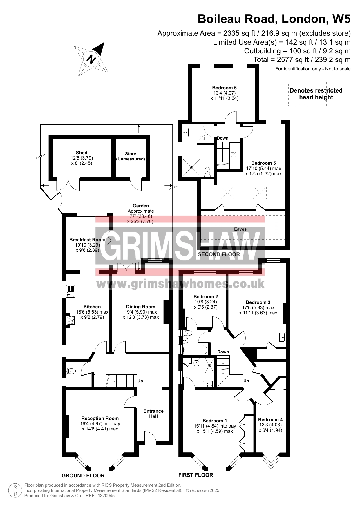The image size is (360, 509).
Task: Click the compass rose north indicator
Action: click(x=91, y=59)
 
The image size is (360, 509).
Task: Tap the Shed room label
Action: click(x=82, y=153)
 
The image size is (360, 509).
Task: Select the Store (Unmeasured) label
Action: click(x=131, y=156)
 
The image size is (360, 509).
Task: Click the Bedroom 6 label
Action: click(x=224, y=88)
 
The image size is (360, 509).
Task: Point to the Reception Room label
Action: click(x=100, y=418)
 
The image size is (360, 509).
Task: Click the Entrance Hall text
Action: click(x=153, y=414)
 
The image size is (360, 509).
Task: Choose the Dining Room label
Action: click(x=141, y=307)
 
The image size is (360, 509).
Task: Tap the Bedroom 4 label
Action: click(x=270, y=419)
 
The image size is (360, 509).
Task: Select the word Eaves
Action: click(x=240, y=229)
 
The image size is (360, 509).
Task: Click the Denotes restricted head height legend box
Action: click(x=316, y=94)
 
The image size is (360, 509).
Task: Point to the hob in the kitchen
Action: click(x=70, y=320)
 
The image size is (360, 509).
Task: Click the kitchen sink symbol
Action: click(x=70, y=291)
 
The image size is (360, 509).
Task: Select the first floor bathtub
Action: click(x=195, y=350)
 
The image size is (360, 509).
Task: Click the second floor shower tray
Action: click(x=191, y=167)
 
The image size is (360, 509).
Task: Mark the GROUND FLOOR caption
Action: click(x=83, y=475)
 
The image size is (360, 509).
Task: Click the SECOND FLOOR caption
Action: click(x=219, y=254)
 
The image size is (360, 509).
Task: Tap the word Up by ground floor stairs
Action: click(x=140, y=381)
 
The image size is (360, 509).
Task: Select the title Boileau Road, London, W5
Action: click(x=274, y=19)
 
